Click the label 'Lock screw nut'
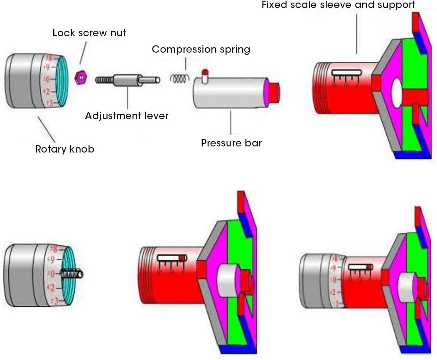(89, 33)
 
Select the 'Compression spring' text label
(201, 49)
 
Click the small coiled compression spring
(179, 79)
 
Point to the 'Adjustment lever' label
(127, 116)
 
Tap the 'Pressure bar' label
(231, 143)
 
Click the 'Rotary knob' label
(64, 149)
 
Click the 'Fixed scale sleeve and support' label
(338, 5)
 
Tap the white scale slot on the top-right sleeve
(347, 73)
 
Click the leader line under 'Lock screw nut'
(83, 53)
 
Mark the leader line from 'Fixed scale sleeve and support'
(357, 34)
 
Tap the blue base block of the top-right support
(412, 155)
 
